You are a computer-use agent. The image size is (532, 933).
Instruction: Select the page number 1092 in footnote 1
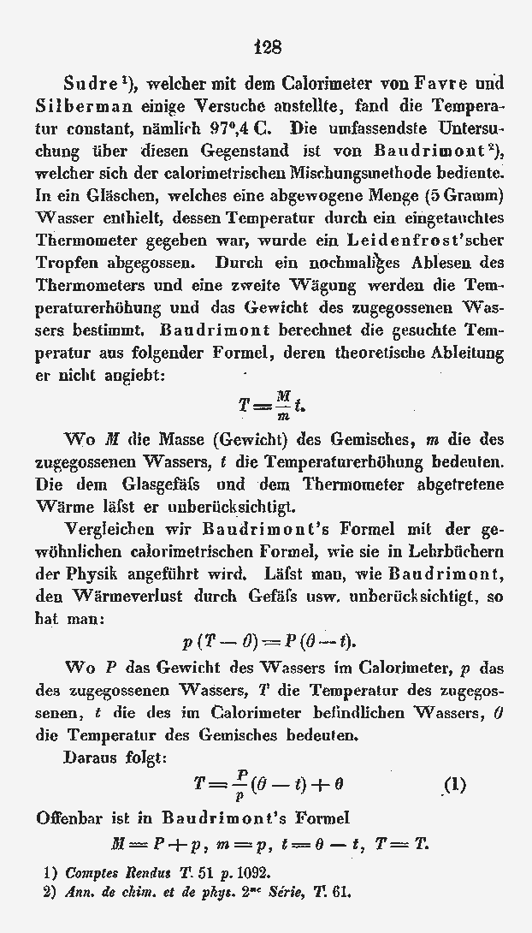[250, 874]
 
